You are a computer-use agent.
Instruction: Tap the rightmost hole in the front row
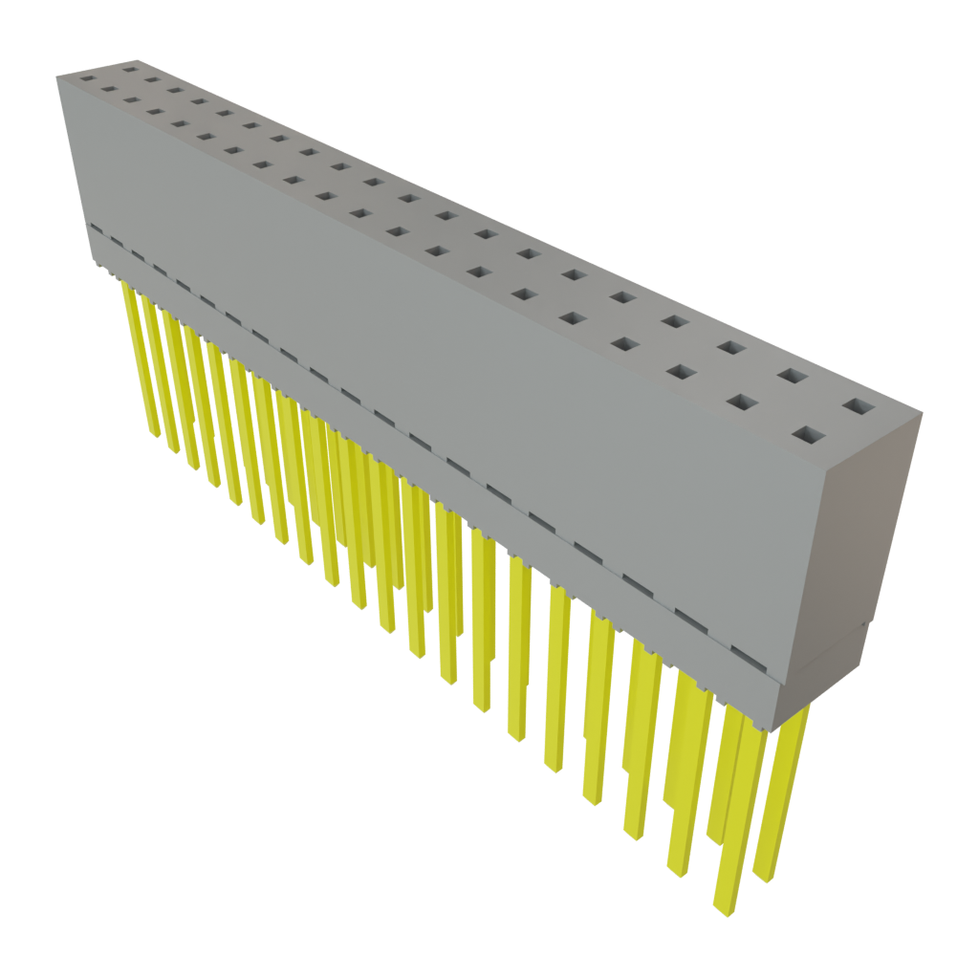808,436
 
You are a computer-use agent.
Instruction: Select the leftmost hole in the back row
130,69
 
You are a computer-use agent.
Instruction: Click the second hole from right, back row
790,376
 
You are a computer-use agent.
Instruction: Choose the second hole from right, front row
741,402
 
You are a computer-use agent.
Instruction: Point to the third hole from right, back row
730,347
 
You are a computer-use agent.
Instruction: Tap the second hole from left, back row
151,79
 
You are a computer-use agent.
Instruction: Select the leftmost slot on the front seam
94,229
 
